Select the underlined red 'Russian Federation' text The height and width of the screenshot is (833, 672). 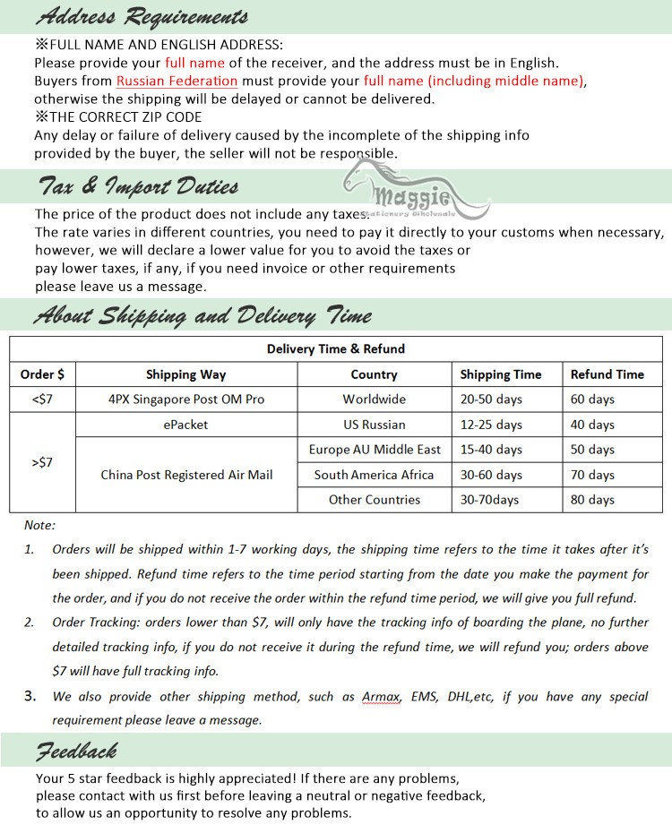coord(177,81)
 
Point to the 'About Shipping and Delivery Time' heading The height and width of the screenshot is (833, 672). coord(202,315)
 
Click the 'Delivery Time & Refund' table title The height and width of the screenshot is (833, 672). coord(336,348)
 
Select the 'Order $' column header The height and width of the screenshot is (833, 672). coord(43,374)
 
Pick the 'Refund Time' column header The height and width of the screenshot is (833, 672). coord(607,374)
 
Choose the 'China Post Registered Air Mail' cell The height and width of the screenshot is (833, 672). coord(186,475)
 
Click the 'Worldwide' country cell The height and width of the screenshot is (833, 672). coord(374,399)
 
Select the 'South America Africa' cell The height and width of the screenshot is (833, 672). coord(374,475)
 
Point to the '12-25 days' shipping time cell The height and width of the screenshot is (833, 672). coord(491,425)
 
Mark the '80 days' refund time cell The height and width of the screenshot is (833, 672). coord(592,500)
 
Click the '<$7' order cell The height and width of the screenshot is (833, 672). coord(42,399)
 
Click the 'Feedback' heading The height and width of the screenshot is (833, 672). coord(76,750)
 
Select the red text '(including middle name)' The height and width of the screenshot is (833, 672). coord(474,81)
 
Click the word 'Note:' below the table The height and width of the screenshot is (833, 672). coord(39,525)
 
